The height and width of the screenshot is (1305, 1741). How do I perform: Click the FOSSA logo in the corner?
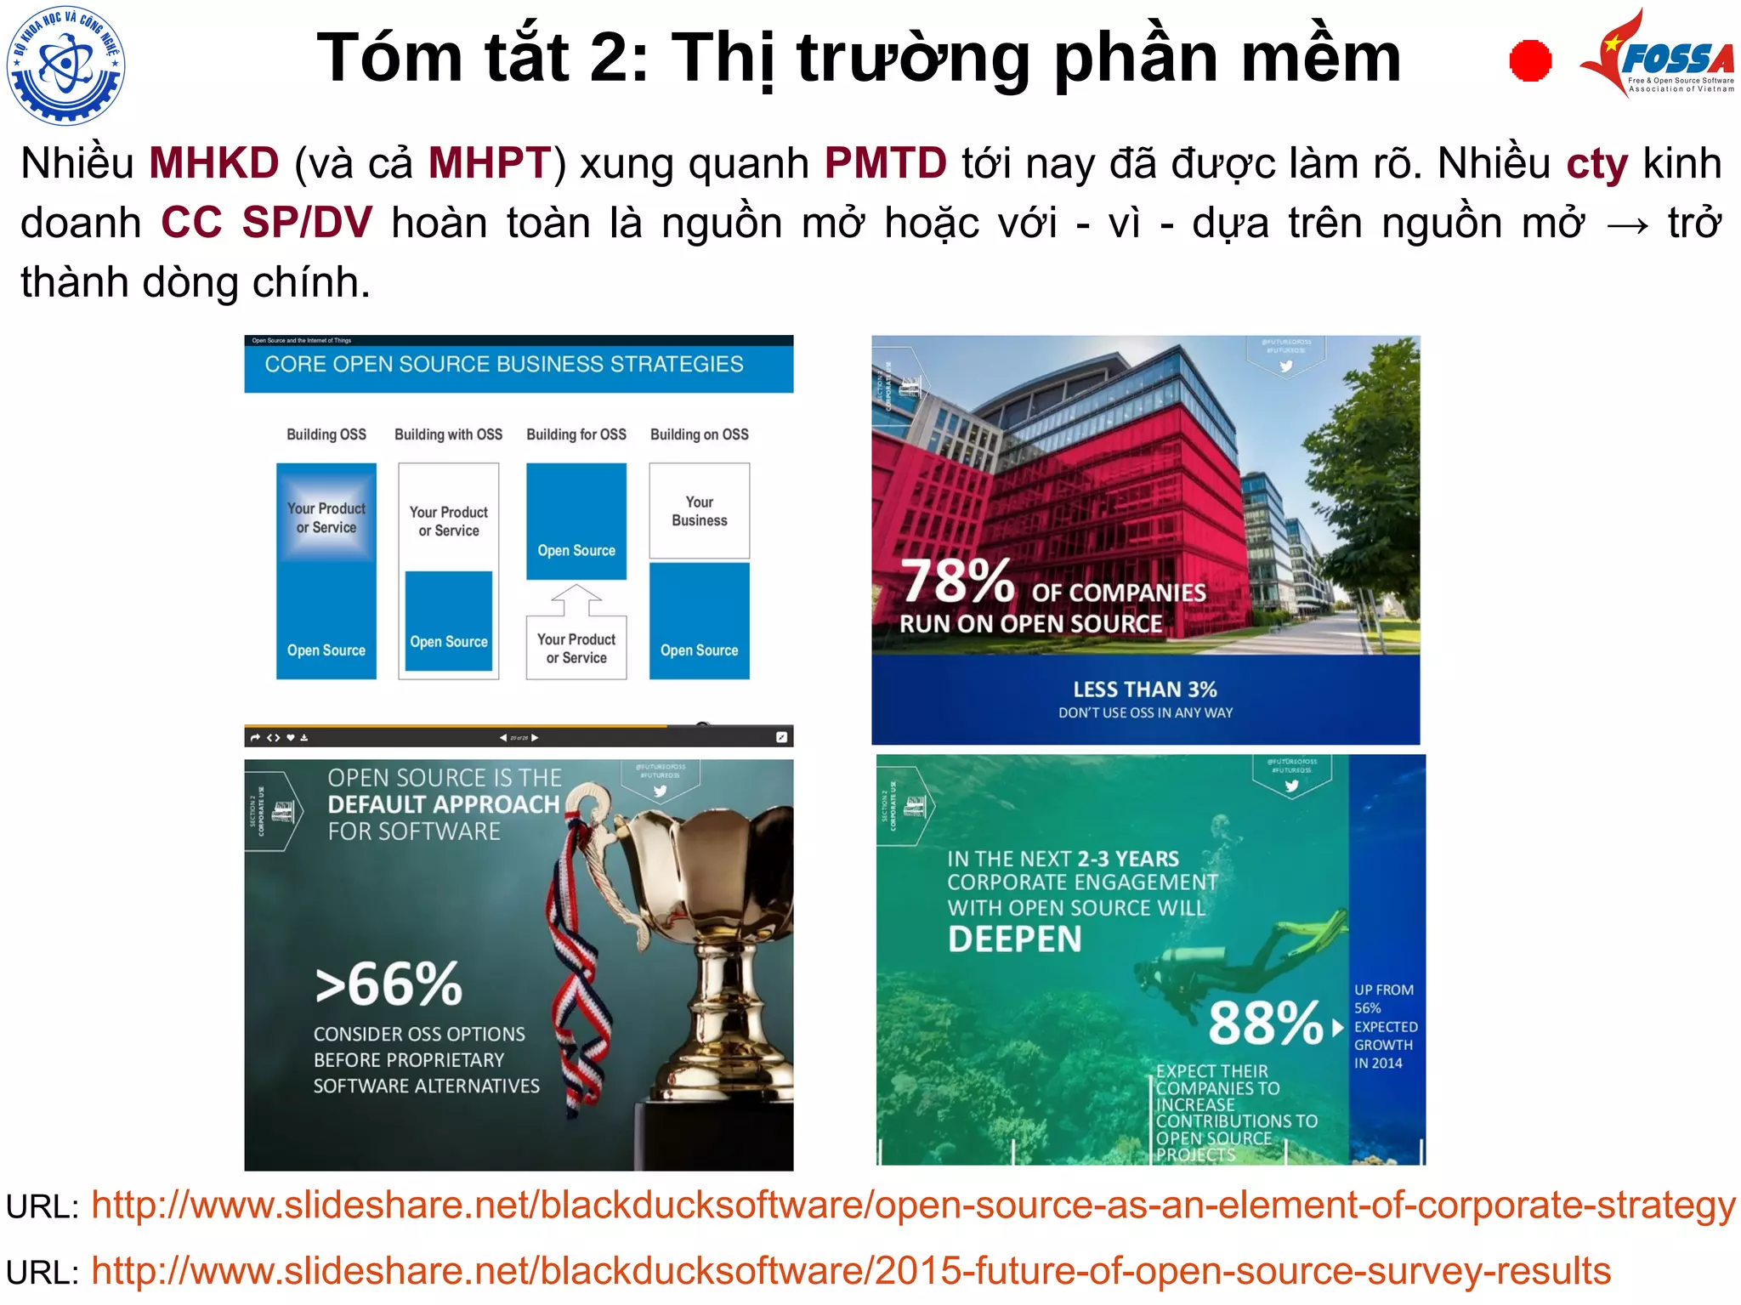[1658, 54]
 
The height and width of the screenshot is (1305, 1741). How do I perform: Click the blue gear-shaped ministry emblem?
[65, 64]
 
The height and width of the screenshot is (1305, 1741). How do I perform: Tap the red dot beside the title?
[1530, 61]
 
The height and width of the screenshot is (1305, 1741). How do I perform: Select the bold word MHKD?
[213, 162]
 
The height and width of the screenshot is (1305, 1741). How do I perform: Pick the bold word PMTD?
[885, 162]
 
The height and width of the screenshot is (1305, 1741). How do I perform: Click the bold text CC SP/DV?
[266, 223]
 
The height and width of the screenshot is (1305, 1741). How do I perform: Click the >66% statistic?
[388, 984]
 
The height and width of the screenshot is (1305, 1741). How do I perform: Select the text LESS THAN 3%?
[1144, 689]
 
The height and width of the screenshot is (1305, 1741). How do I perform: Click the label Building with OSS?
[448, 434]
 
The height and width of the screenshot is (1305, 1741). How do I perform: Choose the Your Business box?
[699, 511]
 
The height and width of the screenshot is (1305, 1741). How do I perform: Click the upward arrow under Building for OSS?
[576, 599]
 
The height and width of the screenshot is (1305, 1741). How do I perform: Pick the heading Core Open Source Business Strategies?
[504, 365]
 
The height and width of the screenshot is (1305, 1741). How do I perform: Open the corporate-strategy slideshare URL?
[912, 1206]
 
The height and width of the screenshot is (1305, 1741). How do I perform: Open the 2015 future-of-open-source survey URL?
[850, 1271]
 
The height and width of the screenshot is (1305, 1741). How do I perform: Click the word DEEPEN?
[1014, 939]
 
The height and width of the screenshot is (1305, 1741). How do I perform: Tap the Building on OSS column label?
[699, 434]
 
